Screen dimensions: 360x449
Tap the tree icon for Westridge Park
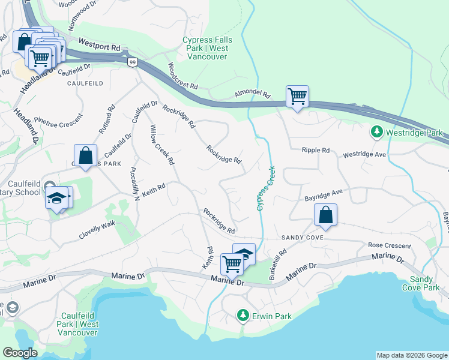(376, 131)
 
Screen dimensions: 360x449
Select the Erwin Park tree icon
(243, 314)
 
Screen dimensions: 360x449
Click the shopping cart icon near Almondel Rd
(297, 96)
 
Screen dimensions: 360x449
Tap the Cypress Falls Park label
(205, 49)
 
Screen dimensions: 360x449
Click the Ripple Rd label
(316, 150)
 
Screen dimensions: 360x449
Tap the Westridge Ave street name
(364, 155)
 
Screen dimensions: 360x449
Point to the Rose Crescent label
(390, 245)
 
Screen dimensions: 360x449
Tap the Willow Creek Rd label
(162, 145)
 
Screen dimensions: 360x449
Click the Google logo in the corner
(20, 353)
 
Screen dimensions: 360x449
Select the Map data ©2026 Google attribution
(411, 355)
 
